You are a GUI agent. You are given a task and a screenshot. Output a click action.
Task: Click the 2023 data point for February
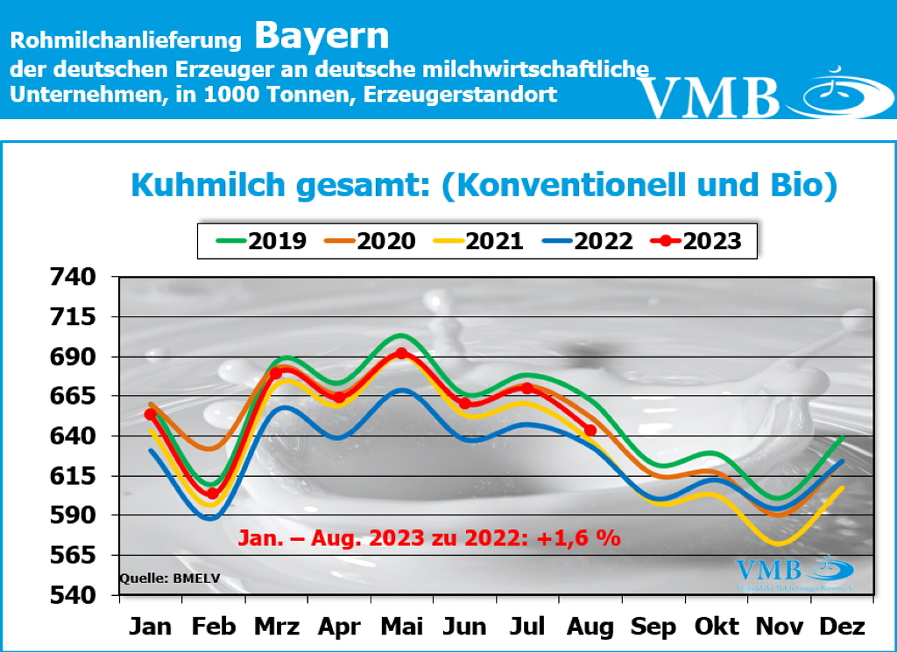[212, 493]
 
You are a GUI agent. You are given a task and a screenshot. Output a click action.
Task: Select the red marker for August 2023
[590, 430]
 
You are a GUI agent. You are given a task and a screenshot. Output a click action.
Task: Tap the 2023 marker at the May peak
[402, 354]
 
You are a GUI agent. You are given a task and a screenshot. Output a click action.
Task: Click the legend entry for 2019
[261, 241]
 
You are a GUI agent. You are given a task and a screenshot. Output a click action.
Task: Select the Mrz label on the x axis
[276, 626]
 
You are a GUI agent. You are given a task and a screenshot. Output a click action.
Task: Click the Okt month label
[716, 626]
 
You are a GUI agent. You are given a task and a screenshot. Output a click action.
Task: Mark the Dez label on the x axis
[842, 626]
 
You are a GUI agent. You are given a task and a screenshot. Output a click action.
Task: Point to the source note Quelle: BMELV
[170, 578]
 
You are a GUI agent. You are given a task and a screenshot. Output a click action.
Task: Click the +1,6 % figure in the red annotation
[578, 538]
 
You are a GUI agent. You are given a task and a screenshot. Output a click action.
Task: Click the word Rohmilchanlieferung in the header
[126, 40]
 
